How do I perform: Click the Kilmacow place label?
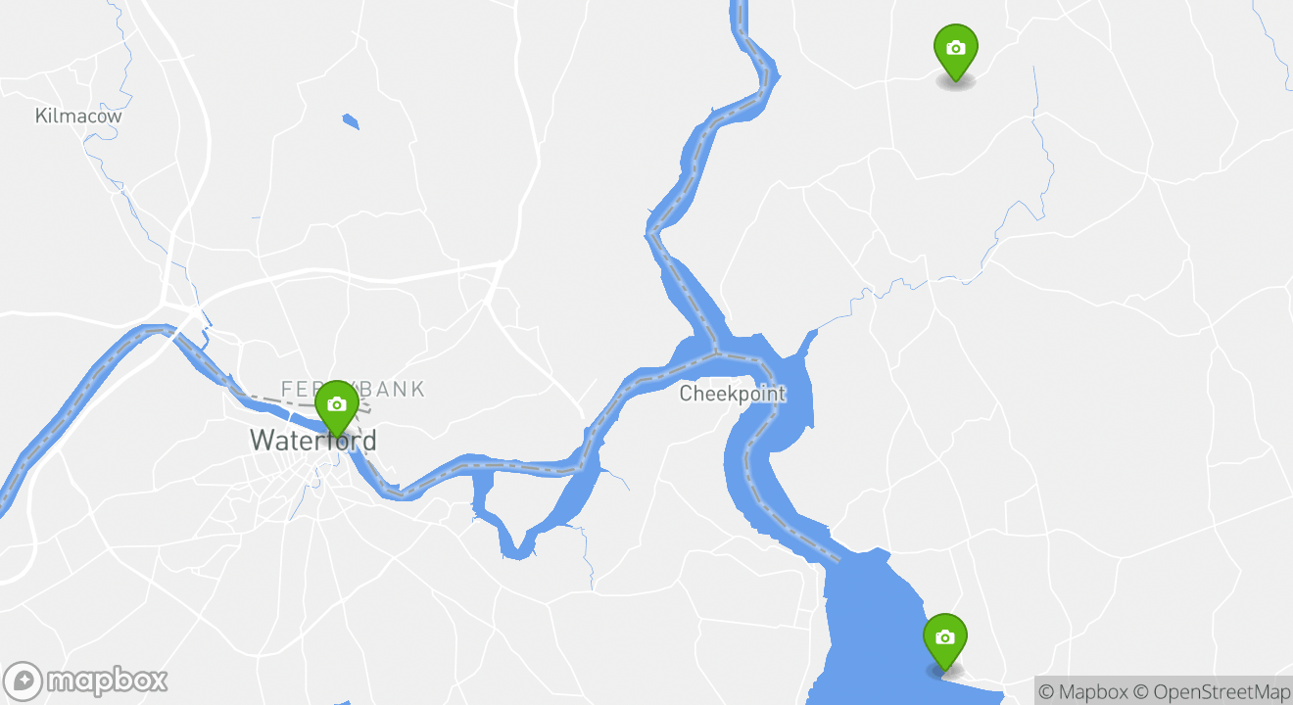78,116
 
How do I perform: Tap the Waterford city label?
312,441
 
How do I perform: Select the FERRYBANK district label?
353,389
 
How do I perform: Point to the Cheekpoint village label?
732,394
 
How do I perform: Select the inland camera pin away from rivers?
956,50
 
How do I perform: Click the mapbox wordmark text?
107,681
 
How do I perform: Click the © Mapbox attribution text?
1083,691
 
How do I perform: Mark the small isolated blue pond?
351,121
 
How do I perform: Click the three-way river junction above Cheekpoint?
716,351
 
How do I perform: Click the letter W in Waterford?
262,441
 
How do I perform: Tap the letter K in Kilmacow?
41,116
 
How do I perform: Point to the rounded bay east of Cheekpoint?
798,401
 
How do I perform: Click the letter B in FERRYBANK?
378,389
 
